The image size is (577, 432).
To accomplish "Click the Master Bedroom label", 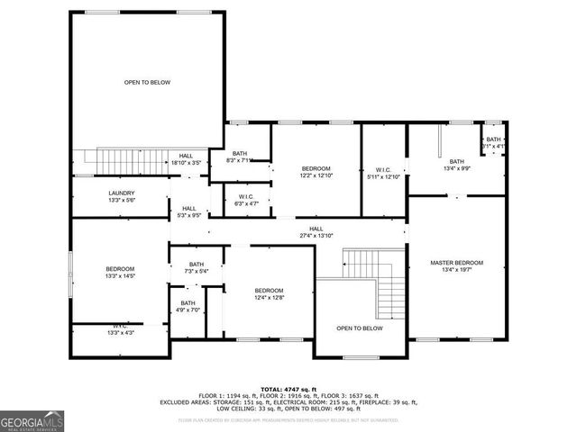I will point(456,263).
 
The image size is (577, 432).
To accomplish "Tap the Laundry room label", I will point(122,193).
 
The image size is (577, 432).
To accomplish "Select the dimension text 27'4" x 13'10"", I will point(316,236).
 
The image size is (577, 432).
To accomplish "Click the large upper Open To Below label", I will point(147,82).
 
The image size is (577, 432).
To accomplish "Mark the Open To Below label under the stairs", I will point(360,328).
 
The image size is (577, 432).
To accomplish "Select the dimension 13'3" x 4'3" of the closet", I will point(120,334).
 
